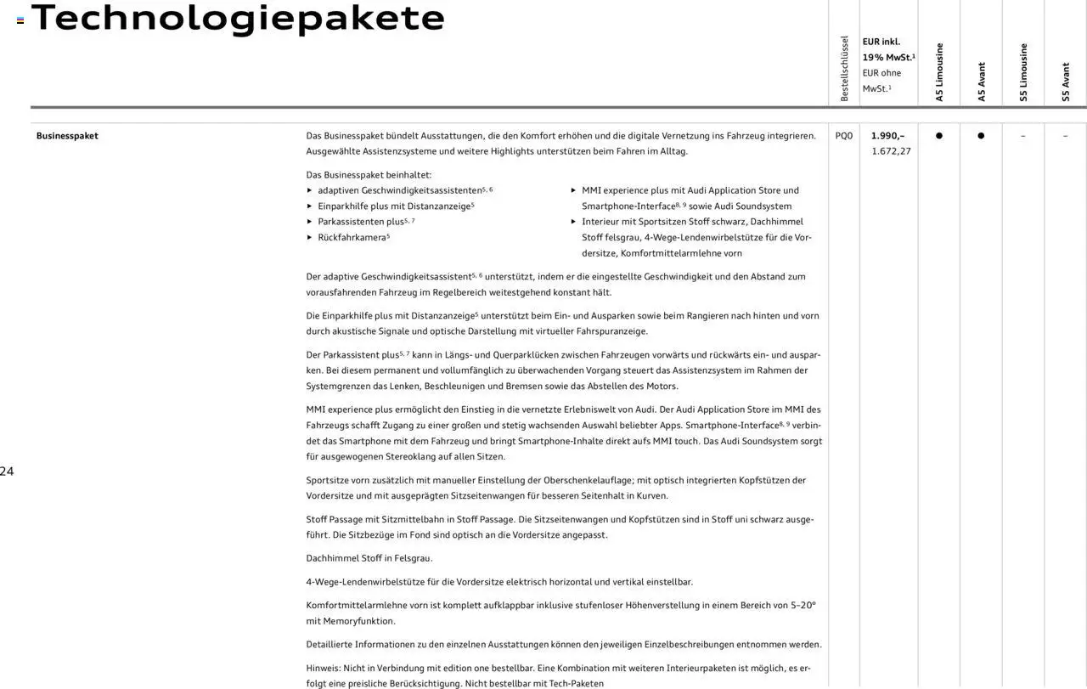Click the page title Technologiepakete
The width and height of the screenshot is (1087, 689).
pyautogui.click(x=238, y=18)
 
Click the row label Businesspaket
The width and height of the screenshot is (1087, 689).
pyautogui.click(x=67, y=136)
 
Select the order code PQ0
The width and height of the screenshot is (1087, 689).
pyautogui.click(x=843, y=136)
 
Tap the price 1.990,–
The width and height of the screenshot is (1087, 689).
pyautogui.click(x=887, y=136)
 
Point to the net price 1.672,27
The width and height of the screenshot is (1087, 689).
pyautogui.click(x=891, y=151)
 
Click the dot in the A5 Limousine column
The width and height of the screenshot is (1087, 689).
pyautogui.click(x=938, y=136)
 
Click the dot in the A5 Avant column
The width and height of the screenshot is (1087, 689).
pyautogui.click(x=981, y=136)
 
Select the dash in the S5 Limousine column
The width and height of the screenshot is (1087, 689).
pyautogui.click(x=1022, y=136)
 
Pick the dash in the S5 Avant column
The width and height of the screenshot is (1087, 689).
pyautogui.click(x=1065, y=136)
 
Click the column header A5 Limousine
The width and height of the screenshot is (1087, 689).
pyautogui.click(x=939, y=73)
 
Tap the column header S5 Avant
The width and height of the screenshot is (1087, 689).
pyautogui.click(x=1066, y=82)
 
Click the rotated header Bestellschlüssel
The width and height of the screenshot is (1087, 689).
pyautogui.click(x=844, y=69)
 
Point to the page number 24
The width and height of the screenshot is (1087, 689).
pyautogui.click(x=7, y=472)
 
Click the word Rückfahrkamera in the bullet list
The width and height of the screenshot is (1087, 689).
pyautogui.click(x=352, y=238)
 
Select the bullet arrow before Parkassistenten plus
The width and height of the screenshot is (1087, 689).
pyautogui.click(x=309, y=222)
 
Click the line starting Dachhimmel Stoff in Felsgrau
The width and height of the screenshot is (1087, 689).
pyautogui.click(x=369, y=558)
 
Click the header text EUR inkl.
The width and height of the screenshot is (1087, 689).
pyautogui.click(x=881, y=42)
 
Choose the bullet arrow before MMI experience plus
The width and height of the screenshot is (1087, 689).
pyautogui.click(x=573, y=190)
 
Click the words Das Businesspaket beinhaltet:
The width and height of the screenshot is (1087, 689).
pyautogui.click(x=369, y=175)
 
